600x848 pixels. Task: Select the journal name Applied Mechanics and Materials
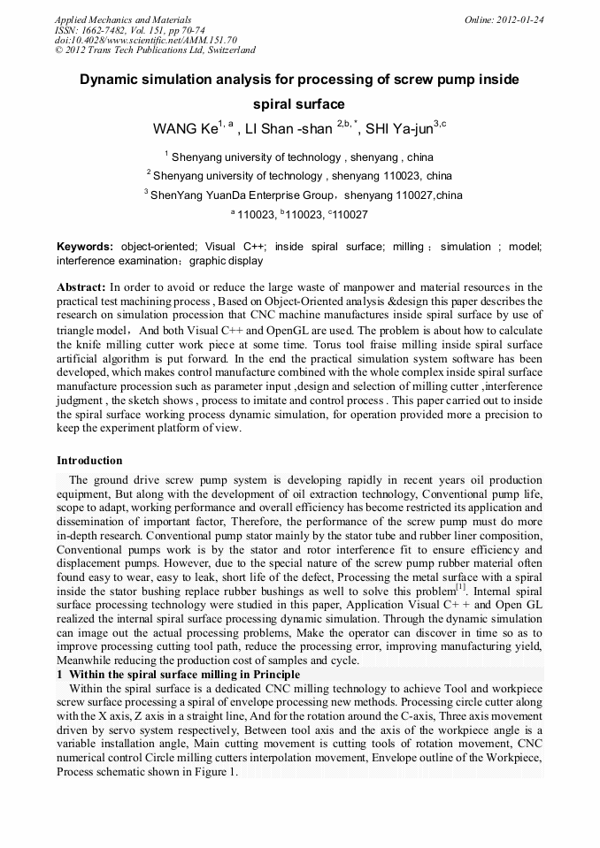(x=122, y=19)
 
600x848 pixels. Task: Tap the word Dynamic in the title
(x=111, y=80)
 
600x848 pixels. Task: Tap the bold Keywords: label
(x=85, y=247)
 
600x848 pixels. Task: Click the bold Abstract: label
(x=81, y=287)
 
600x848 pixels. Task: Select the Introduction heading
(x=89, y=461)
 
